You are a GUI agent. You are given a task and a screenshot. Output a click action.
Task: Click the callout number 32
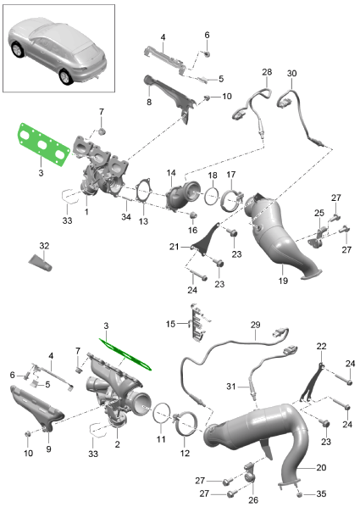[44, 246]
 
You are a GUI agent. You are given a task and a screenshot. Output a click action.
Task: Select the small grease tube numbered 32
[40, 262]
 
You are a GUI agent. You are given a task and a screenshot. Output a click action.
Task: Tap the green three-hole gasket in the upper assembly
[43, 144]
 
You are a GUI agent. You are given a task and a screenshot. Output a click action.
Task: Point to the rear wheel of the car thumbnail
[66, 77]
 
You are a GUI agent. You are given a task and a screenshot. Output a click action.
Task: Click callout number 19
[283, 281]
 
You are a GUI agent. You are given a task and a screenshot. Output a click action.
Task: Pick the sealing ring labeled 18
[212, 197]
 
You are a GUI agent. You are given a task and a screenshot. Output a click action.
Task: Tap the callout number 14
[171, 173]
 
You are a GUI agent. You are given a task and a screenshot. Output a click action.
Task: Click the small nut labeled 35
[299, 494]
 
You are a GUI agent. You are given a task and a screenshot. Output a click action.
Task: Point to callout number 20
[321, 467]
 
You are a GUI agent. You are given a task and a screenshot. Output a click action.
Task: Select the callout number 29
[255, 325]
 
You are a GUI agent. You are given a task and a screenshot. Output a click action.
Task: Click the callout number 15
[170, 324]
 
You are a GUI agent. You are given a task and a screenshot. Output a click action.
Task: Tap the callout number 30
[291, 74]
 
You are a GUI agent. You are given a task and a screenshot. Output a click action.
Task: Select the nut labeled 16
[193, 215]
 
